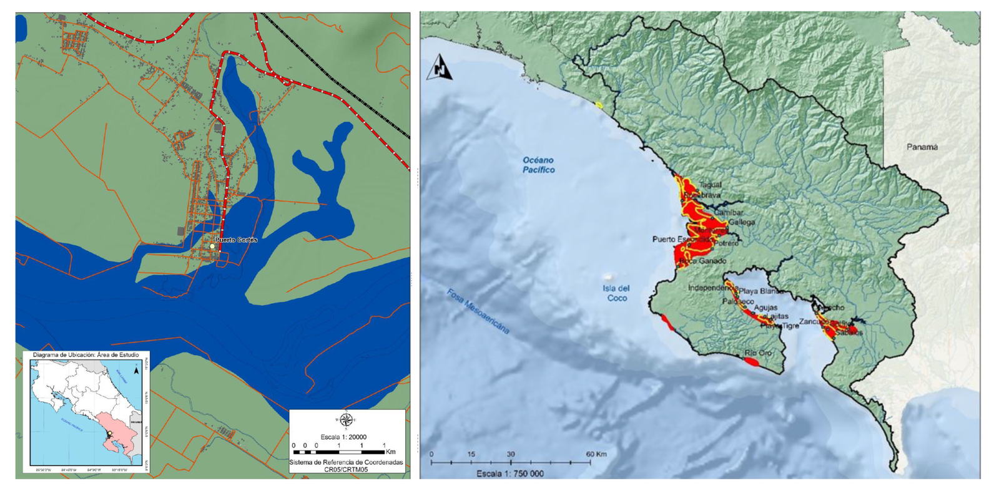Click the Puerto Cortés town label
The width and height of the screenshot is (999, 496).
237,240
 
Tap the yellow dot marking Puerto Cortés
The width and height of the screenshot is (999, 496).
213,246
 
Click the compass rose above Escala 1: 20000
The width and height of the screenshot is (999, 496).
346,421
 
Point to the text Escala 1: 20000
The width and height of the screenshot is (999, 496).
343,437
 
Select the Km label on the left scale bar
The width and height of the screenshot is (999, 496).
391,451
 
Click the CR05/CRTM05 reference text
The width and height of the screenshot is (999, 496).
346,469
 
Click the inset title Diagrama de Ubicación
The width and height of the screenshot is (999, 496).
86,354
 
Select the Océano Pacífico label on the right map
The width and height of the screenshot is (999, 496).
538,165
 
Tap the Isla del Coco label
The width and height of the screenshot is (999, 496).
616,293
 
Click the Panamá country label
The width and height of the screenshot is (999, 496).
922,147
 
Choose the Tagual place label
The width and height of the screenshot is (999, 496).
710,185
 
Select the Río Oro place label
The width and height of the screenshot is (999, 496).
757,353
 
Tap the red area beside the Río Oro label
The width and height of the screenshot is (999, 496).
751,361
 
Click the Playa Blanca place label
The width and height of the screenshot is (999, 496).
761,291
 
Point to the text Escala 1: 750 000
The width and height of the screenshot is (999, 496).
509,474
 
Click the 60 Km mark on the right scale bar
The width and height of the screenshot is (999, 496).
596,454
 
